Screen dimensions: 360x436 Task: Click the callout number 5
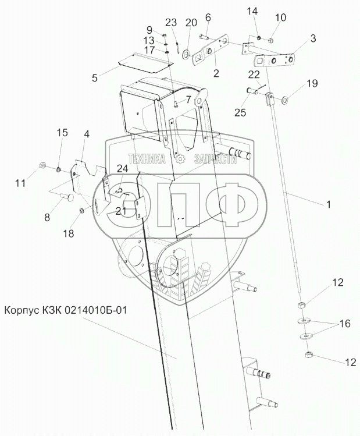pos(95,78)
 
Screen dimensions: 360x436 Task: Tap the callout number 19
pos(312,83)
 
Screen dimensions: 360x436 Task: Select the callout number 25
pos(240,112)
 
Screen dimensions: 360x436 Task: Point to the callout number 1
pos(329,204)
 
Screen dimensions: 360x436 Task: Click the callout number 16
pos(345,324)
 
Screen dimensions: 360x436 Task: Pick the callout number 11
pos(20,183)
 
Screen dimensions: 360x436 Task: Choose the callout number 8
pos(47,217)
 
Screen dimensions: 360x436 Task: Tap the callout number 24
pos(122,168)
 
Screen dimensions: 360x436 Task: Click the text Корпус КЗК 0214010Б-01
pos(66,310)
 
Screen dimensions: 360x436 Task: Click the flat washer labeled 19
pos(285,100)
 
